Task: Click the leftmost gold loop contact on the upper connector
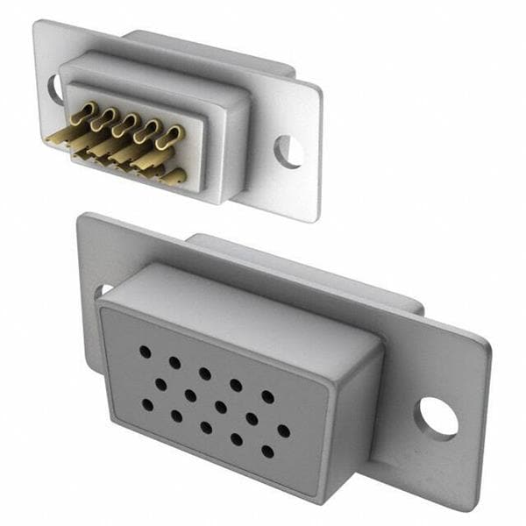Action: point(86,112)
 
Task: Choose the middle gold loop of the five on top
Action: point(130,124)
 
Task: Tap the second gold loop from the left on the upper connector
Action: point(108,117)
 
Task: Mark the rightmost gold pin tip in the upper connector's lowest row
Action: point(175,177)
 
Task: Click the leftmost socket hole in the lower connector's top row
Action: point(145,351)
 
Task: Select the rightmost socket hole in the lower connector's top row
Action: point(267,396)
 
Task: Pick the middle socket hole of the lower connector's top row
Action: point(204,373)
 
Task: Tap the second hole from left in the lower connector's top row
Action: point(174,362)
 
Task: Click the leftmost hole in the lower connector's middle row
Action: point(161,383)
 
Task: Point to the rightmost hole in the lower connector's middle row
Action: point(283,430)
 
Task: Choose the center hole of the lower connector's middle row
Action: point(221,407)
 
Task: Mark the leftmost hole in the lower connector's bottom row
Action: point(146,405)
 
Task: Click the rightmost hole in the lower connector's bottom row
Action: point(267,452)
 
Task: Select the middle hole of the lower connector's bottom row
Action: point(206,428)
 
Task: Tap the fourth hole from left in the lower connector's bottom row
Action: point(236,440)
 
